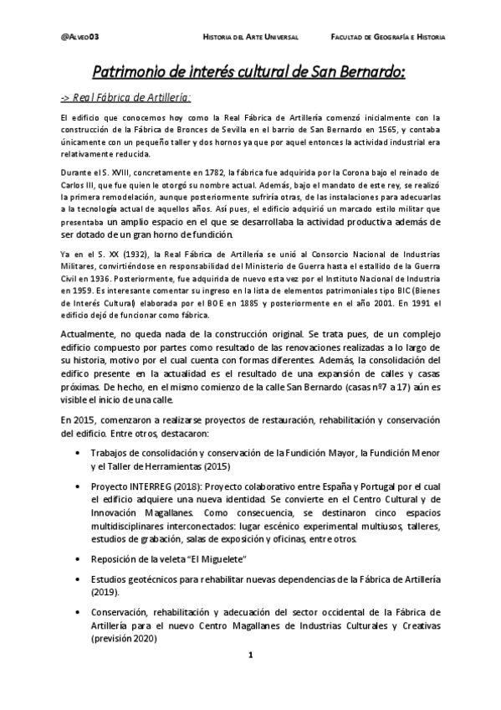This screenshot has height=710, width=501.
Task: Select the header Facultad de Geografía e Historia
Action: click(x=388, y=39)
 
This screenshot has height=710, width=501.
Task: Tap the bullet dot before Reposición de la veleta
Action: click(x=77, y=558)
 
